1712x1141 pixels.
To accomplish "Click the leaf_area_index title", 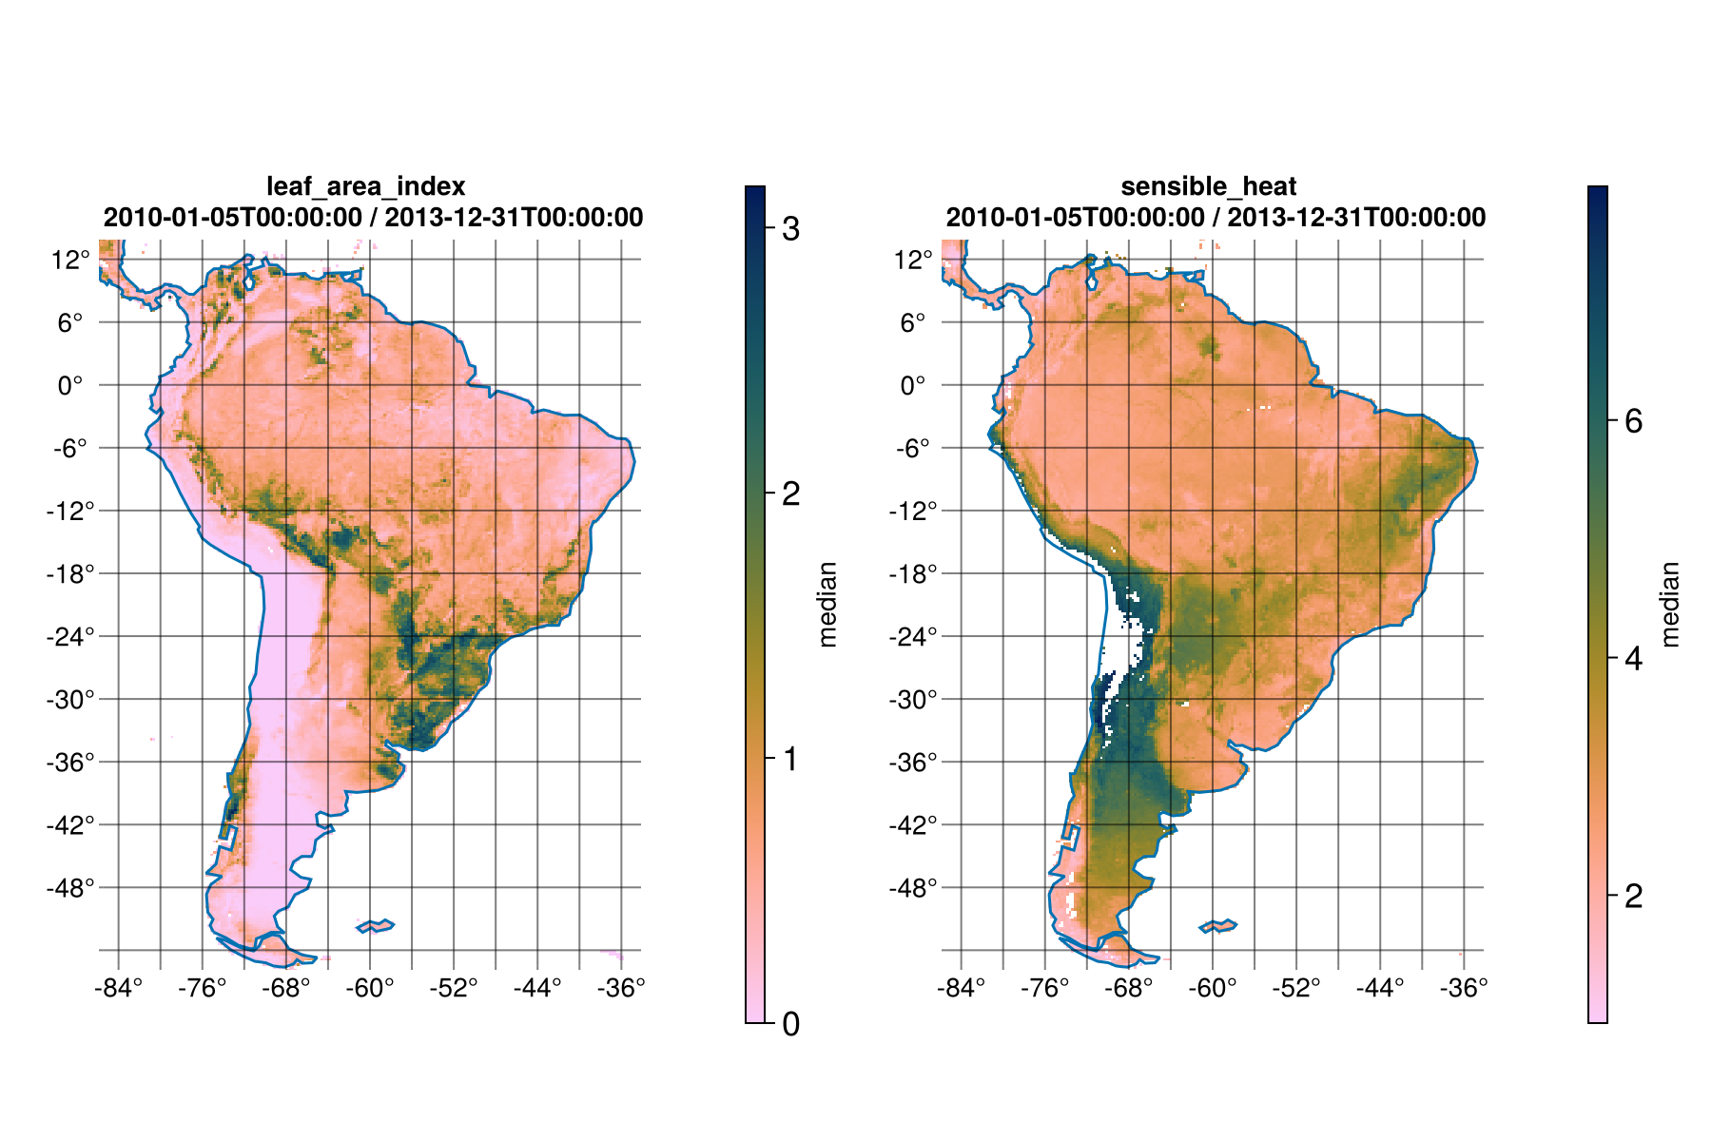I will coord(365,186).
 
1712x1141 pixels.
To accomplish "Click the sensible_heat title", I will coord(1208,186).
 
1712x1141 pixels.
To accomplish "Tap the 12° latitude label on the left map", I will coord(71,260).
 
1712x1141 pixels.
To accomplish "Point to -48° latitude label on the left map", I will coord(71,888).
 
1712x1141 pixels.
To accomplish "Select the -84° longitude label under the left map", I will coord(118,989).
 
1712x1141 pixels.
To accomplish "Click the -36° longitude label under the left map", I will coord(621,989).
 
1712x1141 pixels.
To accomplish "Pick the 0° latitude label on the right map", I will coord(913,386).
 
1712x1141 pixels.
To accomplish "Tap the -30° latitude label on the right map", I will coord(913,700).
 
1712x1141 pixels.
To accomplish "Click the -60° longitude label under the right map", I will coord(1212,989).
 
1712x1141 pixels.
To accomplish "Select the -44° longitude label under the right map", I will coord(1379,989).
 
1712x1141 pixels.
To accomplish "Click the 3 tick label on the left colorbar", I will coord(790,229).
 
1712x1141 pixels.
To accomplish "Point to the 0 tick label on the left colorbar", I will coord(790,1024).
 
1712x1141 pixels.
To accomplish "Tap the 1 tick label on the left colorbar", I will coord(790,759).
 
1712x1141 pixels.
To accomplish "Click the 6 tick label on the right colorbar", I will coord(1634,421).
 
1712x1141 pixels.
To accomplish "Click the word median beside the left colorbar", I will coord(827,605).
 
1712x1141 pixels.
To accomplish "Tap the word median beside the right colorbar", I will coord(1670,605).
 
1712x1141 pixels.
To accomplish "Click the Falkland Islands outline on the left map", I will coord(376,925).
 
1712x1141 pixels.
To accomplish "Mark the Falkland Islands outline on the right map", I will coord(1218,925).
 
